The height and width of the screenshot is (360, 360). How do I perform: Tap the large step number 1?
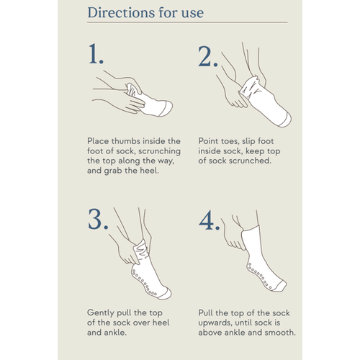tap(96, 54)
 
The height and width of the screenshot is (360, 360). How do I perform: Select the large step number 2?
tap(208, 56)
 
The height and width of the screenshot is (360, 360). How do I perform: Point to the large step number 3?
tap(98, 219)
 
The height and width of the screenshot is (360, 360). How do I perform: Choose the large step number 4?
tap(210, 220)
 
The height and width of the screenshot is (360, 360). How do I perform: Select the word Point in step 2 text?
tap(207, 141)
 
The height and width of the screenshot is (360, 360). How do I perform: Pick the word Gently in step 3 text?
tap(101, 313)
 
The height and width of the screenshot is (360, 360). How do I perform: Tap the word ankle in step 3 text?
tap(115, 333)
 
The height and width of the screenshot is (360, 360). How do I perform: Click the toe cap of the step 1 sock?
tap(166, 109)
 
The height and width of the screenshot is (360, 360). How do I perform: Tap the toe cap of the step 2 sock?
tap(286, 120)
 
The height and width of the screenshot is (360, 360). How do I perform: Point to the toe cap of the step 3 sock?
tap(166, 293)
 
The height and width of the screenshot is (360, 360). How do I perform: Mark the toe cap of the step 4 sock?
tap(281, 286)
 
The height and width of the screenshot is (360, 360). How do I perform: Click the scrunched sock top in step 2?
tap(250, 87)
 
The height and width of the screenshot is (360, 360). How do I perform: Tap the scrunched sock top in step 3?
tap(141, 251)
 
